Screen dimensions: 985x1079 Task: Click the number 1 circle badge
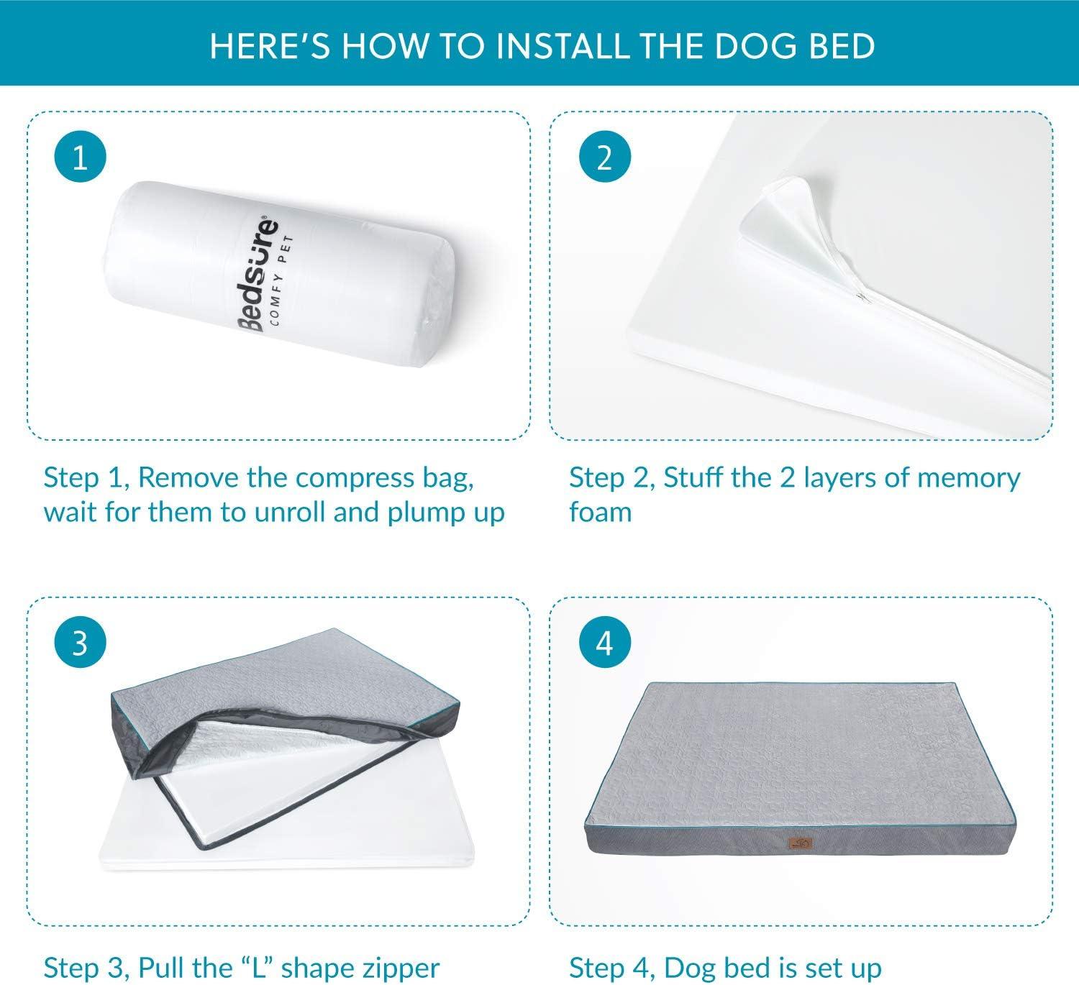80,157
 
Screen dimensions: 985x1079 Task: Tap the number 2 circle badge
604,157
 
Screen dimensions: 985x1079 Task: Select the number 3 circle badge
80,642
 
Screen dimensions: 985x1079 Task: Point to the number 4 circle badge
604,642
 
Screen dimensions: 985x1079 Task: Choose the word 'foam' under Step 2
600,513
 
